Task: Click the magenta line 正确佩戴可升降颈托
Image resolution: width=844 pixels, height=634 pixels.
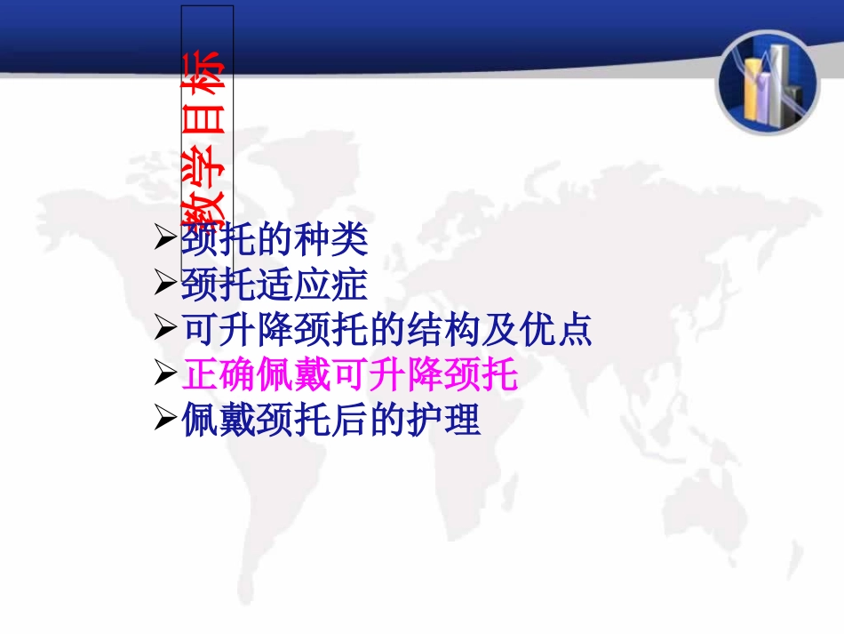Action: (349, 375)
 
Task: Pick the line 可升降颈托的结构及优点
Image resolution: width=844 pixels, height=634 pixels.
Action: (386, 331)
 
